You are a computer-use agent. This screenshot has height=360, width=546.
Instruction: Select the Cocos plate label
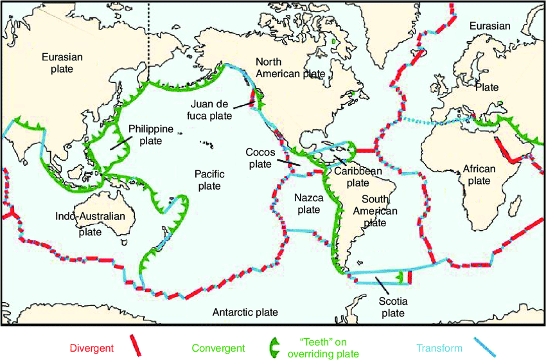tap(261, 158)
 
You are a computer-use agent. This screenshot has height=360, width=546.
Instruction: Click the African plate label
tap(479, 175)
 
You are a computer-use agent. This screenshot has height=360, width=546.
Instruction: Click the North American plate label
tap(290, 67)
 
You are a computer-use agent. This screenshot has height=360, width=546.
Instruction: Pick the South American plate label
tap(379, 211)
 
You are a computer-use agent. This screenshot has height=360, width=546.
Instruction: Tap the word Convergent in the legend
tap(218, 348)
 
